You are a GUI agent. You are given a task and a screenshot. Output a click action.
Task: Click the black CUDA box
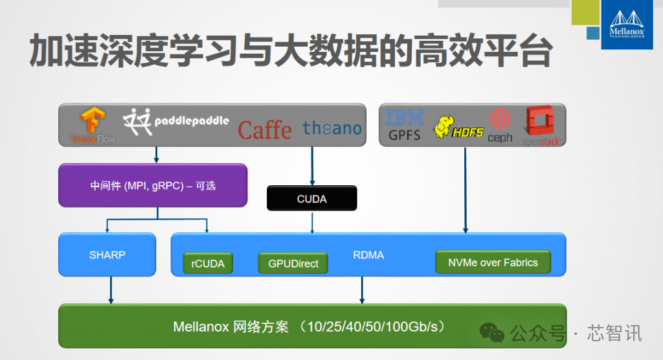pos(311,198)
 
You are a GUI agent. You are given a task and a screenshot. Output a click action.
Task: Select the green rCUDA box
pos(208,263)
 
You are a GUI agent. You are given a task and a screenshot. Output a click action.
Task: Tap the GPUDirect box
pos(293,263)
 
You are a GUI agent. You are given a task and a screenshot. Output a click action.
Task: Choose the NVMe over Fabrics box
pos(493,262)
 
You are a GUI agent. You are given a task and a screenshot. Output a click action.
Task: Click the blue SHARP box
pos(107,254)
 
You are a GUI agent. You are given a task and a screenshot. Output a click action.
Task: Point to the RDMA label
pos(368,255)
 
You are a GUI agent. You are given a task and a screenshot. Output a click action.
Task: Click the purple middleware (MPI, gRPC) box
pos(153,185)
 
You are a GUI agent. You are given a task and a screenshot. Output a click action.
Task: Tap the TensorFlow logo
pos(93,126)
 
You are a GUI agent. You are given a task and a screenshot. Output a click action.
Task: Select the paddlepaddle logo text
pos(192,121)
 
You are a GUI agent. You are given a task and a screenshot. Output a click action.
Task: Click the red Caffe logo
pos(265,129)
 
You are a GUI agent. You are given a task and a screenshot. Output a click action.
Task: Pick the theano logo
pos(332,128)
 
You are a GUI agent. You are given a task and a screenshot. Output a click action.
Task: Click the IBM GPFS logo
pos(405,125)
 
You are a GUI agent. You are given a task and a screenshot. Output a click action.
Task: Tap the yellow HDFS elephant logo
pos(458,128)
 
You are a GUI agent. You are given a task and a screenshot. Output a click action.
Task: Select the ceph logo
pos(500,126)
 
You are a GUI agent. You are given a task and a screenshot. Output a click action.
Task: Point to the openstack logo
pos(541,126)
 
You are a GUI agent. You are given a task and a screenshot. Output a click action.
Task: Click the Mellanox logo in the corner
pos(627,25)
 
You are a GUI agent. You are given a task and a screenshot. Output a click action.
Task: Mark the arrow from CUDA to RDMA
pos(312,222)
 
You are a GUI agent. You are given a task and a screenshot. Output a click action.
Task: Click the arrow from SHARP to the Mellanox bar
pos(111,290)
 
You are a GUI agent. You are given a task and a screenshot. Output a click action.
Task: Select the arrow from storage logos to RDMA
pos(465,190)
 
